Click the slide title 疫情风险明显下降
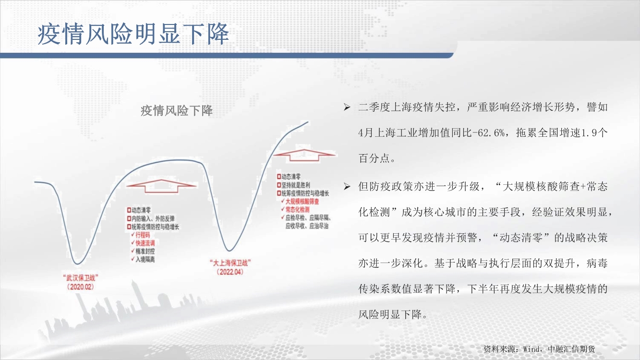(133, 34)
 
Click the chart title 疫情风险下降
(177, 111)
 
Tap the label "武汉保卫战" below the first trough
(81, 277)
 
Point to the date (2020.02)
(80, 287)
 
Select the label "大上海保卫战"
(230, 263)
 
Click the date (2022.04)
(230, 272)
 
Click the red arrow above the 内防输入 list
(161, 186)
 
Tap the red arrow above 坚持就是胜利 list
(304, 155)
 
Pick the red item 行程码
(143, 235)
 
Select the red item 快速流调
(145, 243)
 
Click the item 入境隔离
(145, 259)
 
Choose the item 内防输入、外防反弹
(153, 218)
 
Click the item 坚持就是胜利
(296, 185)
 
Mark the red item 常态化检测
(297, 210)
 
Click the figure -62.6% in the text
(492, 133)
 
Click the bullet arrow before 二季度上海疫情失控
(347, 108)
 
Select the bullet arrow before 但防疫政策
(347, 187)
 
